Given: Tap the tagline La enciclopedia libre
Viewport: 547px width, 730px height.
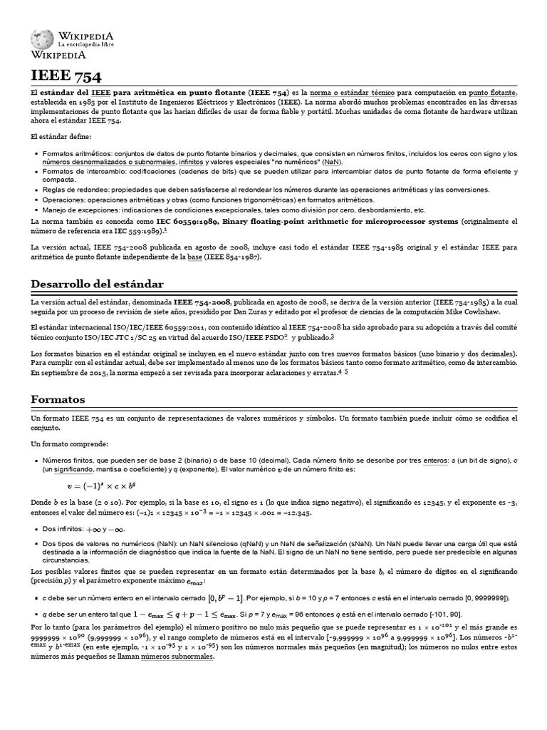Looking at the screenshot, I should [x=86, y=45].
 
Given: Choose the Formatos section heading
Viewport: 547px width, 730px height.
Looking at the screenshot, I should [x=58, y=399].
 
